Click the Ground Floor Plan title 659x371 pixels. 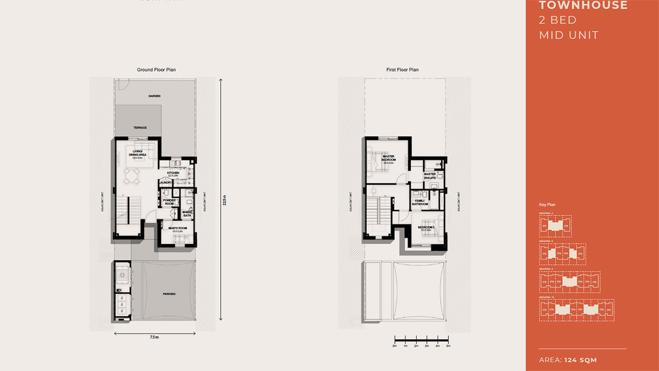[x=157, y=70]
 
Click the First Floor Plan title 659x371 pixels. [x=402, y=70]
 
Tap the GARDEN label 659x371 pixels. [x=154, y=96]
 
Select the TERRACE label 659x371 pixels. [x=140, y=128]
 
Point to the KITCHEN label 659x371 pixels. [x=173, y=173]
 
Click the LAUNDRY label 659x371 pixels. [x=165, y=182]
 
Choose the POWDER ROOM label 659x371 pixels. [x=169, y=202]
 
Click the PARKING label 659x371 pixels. [x=169, y=294]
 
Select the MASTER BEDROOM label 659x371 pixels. [x=389, y=158]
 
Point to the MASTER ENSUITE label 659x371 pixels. [x=430, y=176]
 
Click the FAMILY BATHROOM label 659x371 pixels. [x=420, y=203]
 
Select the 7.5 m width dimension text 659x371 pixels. [x=154, y=337]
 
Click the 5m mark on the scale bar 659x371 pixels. [x=448, y=346]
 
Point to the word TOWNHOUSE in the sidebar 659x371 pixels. [x=583, y=6]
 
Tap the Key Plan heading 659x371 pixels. [x=546, y=205]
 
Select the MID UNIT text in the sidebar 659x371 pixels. [x=568, y=35]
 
